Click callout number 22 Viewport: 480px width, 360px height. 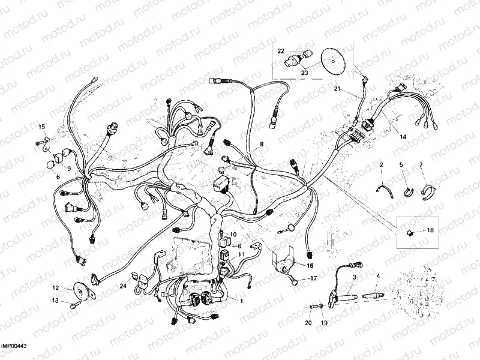(x=281, y=51)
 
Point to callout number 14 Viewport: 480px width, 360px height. (x=403, y=137)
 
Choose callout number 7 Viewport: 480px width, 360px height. (x=421, y=164)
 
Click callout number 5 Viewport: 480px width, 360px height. (x=401, y=164)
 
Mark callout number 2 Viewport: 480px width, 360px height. (x=380, y=164)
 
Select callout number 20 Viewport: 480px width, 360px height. (x=308, y=323)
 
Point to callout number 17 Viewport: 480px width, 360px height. (x=313, y=278)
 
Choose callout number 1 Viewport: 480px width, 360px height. (x=241, y=301)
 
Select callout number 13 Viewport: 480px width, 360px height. (x=55, y=301)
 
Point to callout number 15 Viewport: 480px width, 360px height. (x=42, y=127)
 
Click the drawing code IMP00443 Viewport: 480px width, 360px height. (x=14, y=346)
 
